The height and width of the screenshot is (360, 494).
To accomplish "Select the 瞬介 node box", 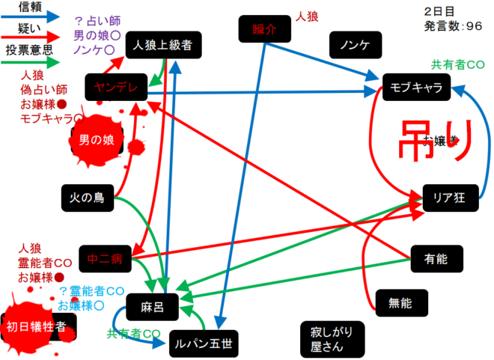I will pyautogui.click(x=264, y=30).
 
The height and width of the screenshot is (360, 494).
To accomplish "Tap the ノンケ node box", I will pyautogui.click(x=355, y=46).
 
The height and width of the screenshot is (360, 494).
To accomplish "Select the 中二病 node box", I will pyautogui.click(x=104, y=259).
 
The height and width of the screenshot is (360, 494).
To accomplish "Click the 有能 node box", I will pyautogui.click(x=436, y=259).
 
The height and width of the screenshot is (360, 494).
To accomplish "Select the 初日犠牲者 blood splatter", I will pyautogui.click(x=35, y=326).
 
